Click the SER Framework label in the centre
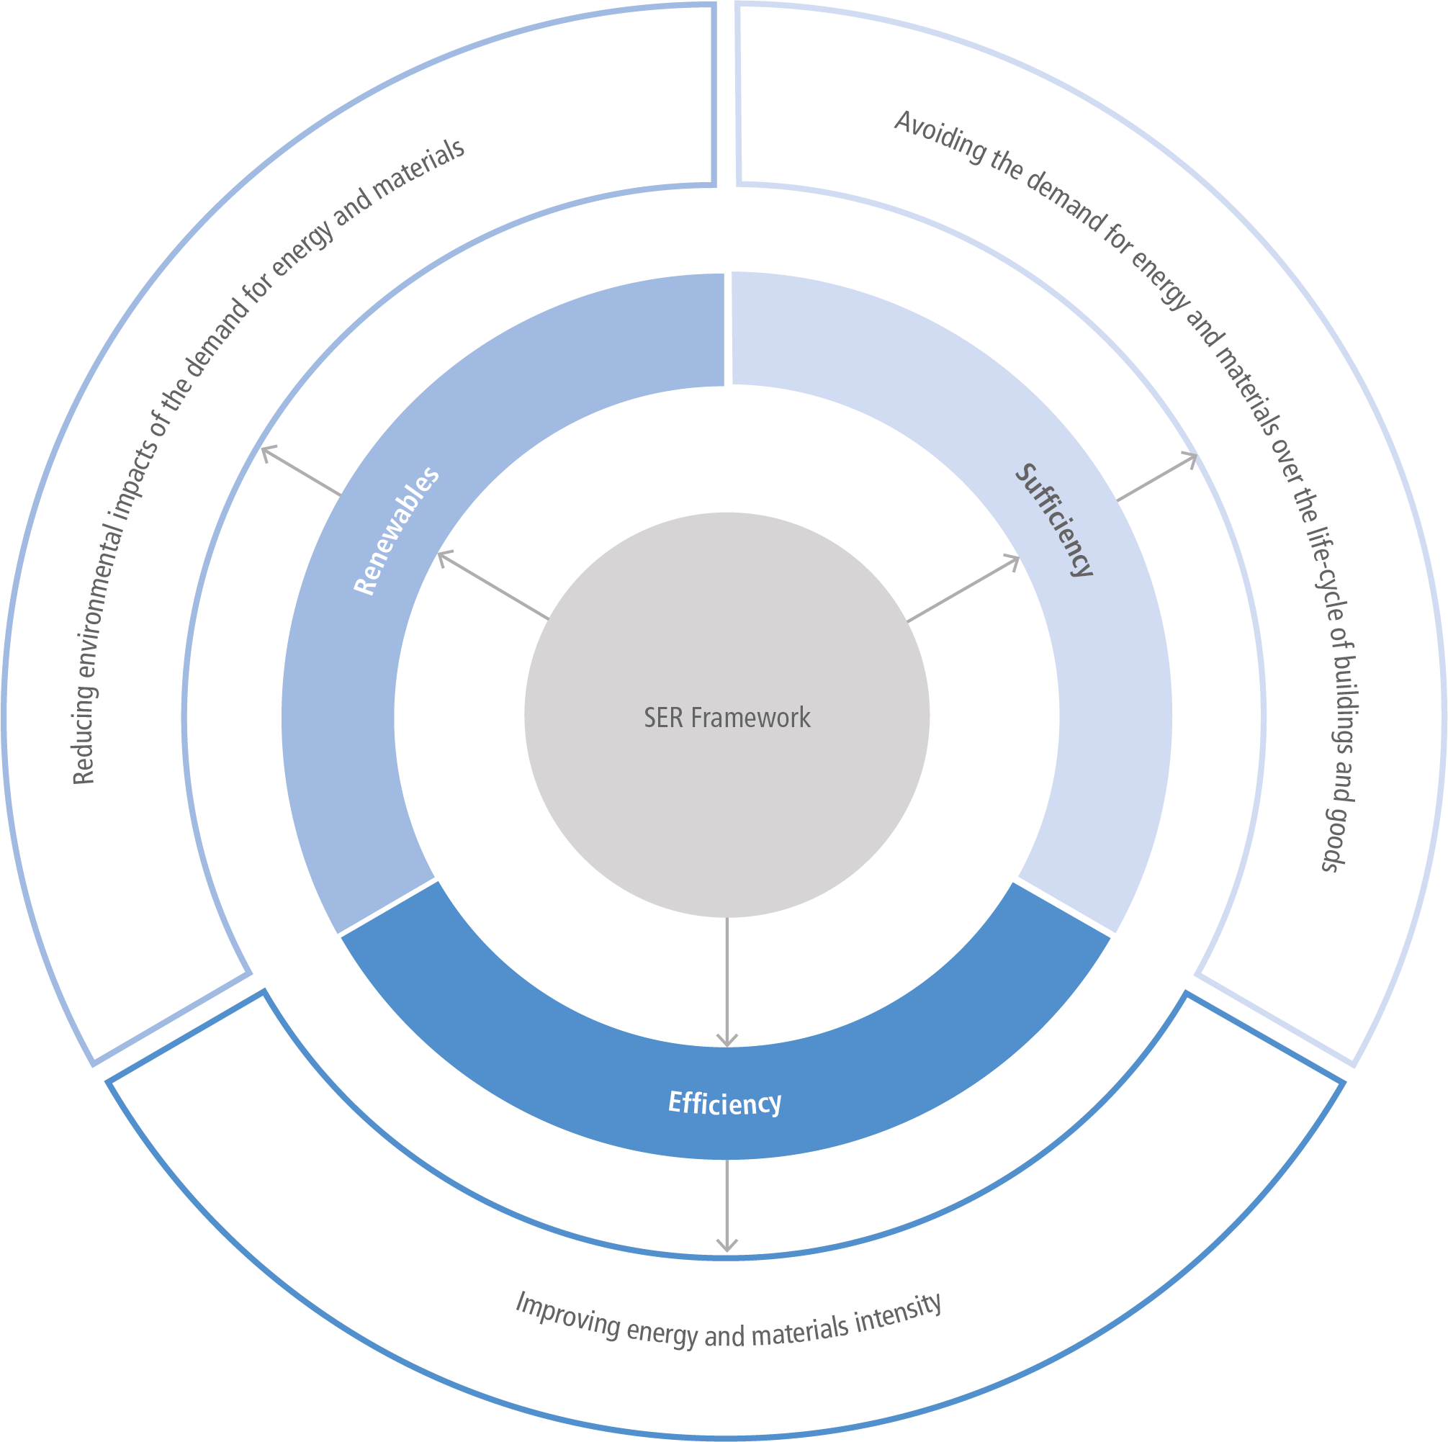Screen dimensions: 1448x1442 point(727,718)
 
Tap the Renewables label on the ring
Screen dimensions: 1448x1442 point(397,531)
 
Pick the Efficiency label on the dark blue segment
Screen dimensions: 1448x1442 point(725,1103)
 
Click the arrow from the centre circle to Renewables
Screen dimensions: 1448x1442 point(493,585)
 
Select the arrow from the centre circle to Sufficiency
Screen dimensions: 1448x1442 point(964,588)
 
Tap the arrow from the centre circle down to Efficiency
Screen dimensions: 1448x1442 point(727,982)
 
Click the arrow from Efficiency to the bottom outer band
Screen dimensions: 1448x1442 point(727,1206)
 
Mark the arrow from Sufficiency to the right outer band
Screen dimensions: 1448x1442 point(1157,477)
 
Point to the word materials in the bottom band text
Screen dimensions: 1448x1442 point(800,1332)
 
